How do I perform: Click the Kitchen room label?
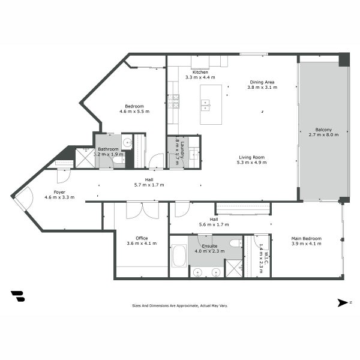pos(200,72)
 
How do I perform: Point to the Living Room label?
pos(251,157)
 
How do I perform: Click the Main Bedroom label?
pos(306,239)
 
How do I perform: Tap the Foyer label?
pos(59,192)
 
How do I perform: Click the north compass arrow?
pos(343,303)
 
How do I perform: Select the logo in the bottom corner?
pos(18,296)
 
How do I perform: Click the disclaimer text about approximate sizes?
pos(180,305)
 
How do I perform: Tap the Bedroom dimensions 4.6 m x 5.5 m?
pos(134,111)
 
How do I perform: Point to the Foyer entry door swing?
pos(24,199)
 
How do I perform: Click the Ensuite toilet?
pos(235,243)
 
